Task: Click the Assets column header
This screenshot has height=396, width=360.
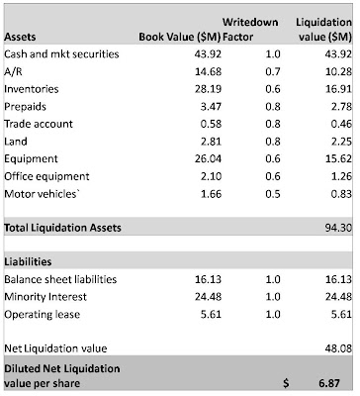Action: coord(20,37)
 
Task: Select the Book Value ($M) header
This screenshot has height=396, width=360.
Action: coord(180,37)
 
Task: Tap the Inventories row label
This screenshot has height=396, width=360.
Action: coord(32,89)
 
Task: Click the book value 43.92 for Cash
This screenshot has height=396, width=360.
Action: coord(208,53)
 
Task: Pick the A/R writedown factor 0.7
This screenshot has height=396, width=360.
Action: coord(273,71)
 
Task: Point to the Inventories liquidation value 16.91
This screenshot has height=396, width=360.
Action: coord(338,89)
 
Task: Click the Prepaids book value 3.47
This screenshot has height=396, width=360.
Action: coord(211,106)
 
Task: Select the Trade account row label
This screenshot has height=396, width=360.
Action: coord(39,124)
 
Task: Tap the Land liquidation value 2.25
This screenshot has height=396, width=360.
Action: coord(341,142)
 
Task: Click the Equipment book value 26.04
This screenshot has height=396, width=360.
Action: coord(208,158)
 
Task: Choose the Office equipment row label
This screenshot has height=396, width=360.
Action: coord(46,176)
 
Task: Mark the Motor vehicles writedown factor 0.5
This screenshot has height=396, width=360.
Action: coord(273,194)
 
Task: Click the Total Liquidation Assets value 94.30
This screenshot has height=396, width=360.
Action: coord(338,228)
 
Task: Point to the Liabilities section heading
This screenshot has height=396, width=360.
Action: coord(28,261)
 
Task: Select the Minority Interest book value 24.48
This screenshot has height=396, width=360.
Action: coord(208,297)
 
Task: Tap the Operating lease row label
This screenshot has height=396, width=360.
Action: coord(43,314)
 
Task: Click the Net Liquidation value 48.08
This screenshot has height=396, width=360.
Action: coord(338,348)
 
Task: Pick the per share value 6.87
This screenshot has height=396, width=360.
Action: coord(329,383)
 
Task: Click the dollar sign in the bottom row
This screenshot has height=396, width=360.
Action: coord(286,383)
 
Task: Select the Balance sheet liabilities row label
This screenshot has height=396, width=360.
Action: coord(60,279)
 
